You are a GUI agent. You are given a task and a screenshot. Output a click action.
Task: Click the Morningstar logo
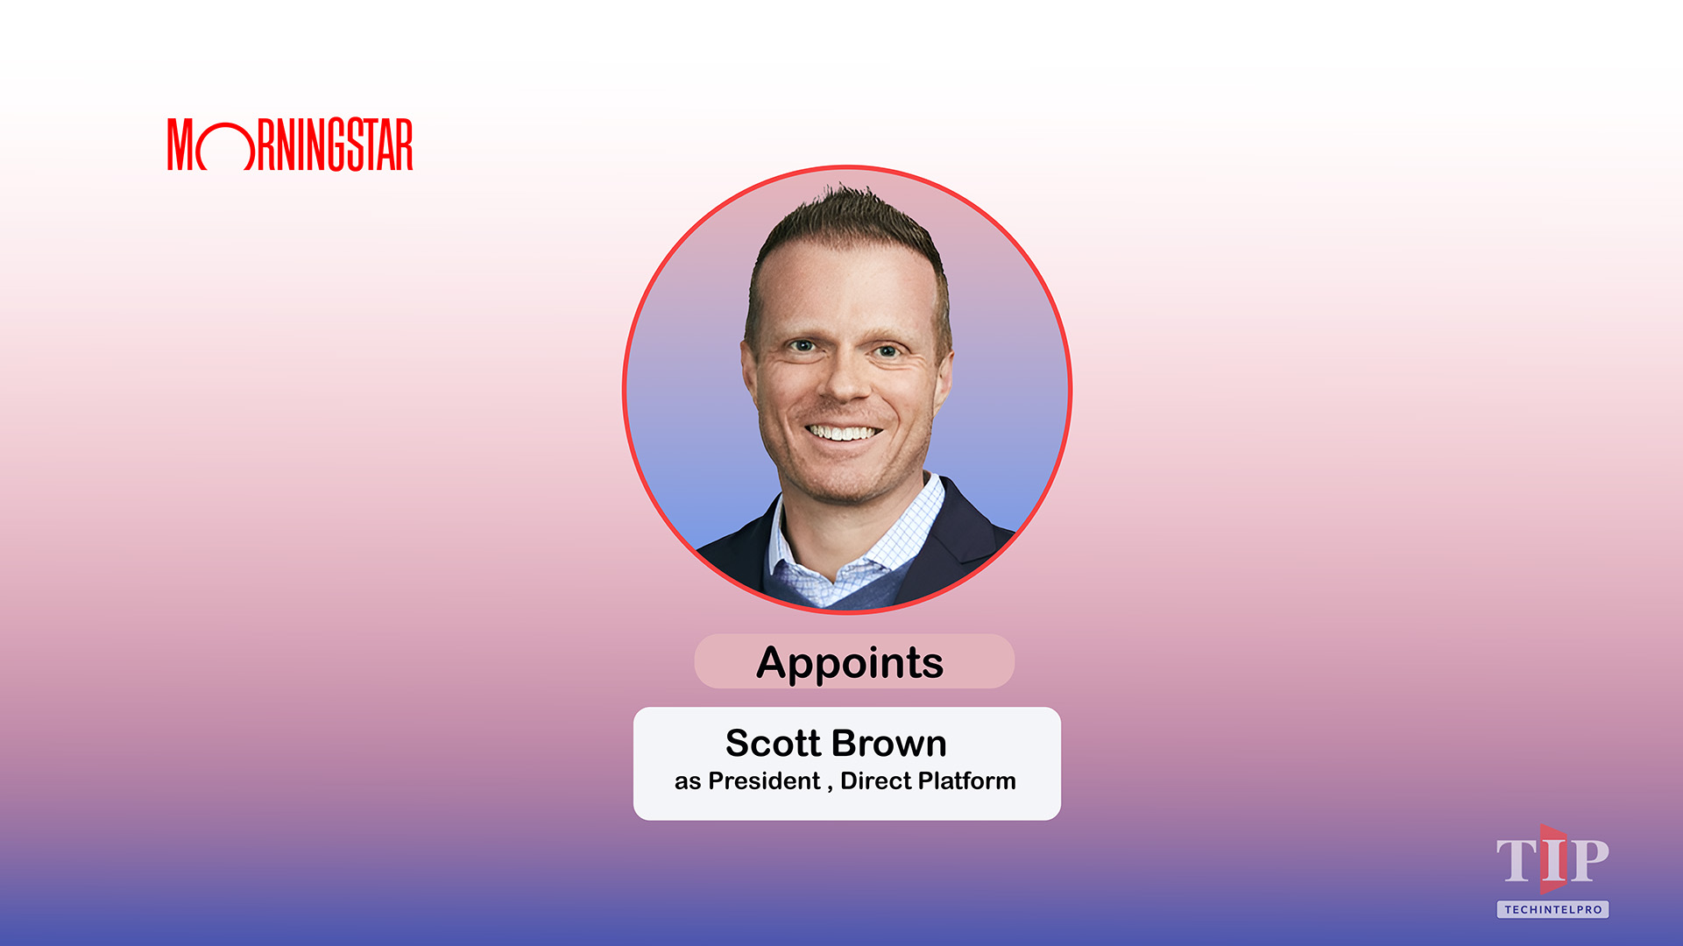click(290, 145)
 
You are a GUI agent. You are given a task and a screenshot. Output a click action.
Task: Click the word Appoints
click(850, 663)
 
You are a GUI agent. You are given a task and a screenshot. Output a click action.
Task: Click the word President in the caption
click(764, 780)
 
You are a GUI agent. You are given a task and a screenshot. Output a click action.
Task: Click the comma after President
click(830, 787)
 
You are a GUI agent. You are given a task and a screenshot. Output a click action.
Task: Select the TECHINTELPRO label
click(1552, 909)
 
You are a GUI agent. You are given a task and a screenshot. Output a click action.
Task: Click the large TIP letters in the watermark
click(1552, 860)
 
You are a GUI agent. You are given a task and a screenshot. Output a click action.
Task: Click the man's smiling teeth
click(842, 433)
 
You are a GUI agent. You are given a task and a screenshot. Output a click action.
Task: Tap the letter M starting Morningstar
click(180, 145)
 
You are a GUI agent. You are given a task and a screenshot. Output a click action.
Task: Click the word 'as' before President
click(688, 781)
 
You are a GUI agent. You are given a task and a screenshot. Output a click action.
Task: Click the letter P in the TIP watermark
click(1589, 860)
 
